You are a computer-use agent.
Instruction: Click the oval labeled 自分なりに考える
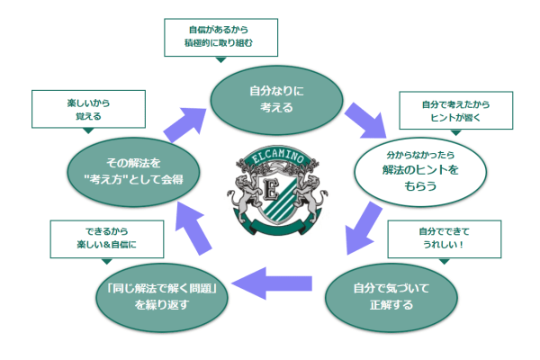click(x=271, y=99)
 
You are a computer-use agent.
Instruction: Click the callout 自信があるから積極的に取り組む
click(x=221, y=36)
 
